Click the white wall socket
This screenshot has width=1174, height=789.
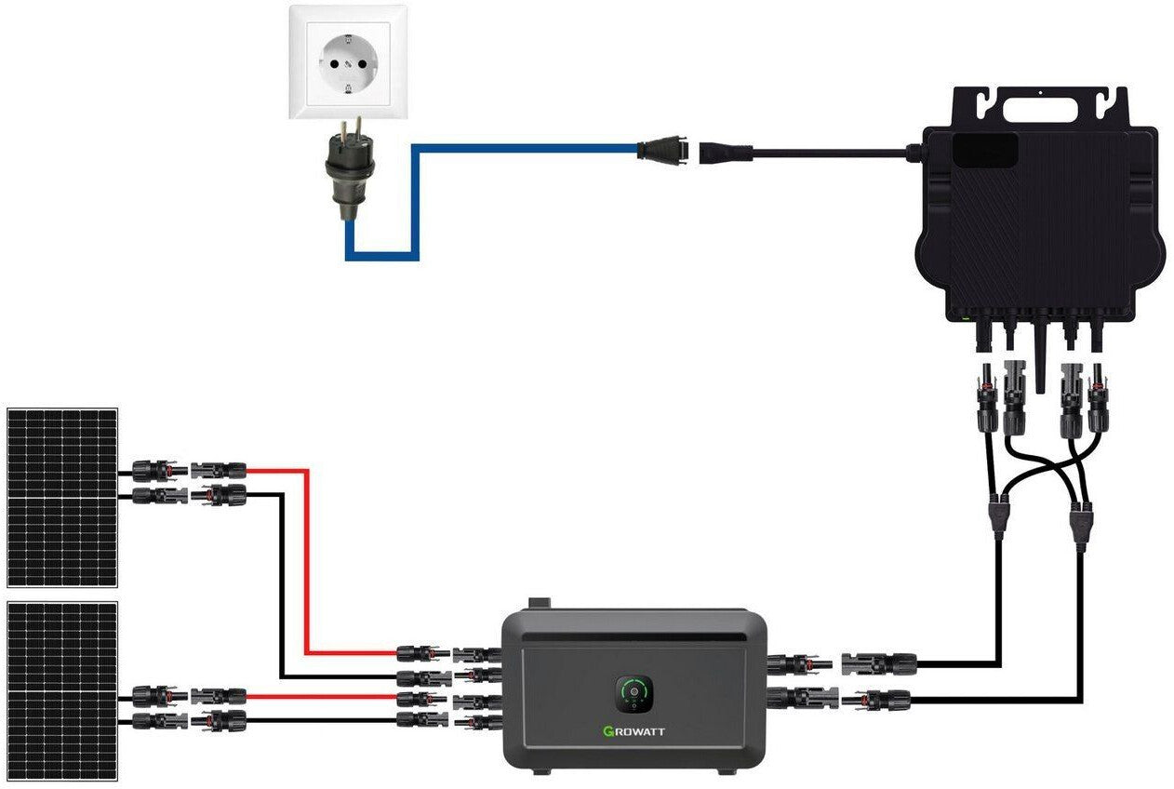(348, 62)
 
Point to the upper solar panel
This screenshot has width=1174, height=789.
(62, 497)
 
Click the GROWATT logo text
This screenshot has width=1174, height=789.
(634, 730)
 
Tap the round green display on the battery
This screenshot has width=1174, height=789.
(634, 692)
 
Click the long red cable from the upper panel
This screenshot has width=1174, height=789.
(305, 558)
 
